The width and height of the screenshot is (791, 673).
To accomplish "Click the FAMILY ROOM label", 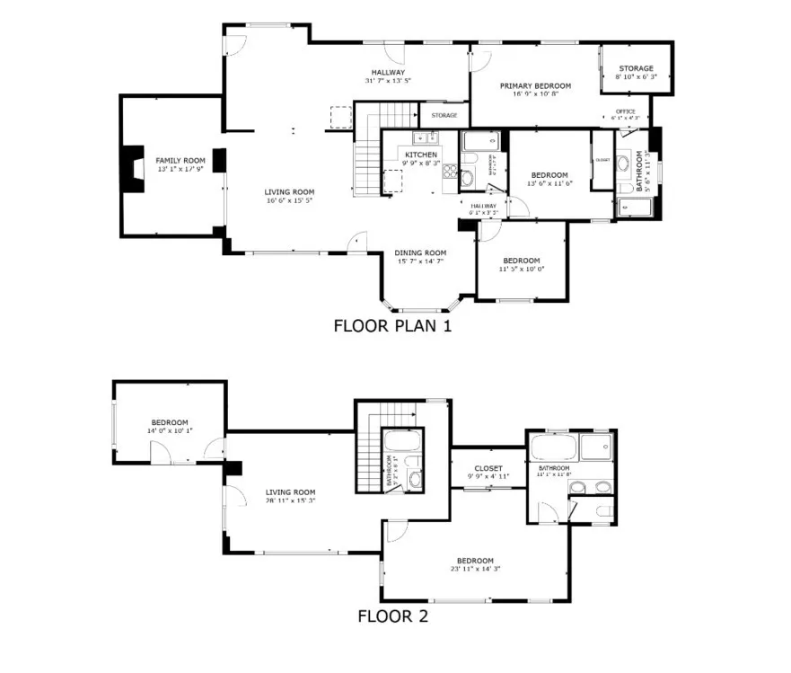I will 175,160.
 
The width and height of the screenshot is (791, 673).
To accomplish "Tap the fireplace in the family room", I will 133,168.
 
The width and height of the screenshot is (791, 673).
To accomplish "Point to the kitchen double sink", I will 424,137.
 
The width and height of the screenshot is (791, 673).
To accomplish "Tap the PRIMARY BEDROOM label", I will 535,86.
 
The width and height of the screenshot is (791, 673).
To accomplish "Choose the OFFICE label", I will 625,111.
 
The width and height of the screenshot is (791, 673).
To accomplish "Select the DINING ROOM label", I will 420,252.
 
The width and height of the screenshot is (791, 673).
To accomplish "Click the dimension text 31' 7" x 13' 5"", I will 388,81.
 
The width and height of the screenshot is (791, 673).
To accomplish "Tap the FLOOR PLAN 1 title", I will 392,325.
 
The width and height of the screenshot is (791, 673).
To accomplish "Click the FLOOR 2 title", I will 392,616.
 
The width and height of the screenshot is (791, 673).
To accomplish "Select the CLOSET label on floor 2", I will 488,469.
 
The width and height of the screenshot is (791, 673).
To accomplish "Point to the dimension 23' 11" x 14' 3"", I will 474,568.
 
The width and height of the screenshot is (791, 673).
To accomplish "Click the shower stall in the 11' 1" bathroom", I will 596,447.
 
